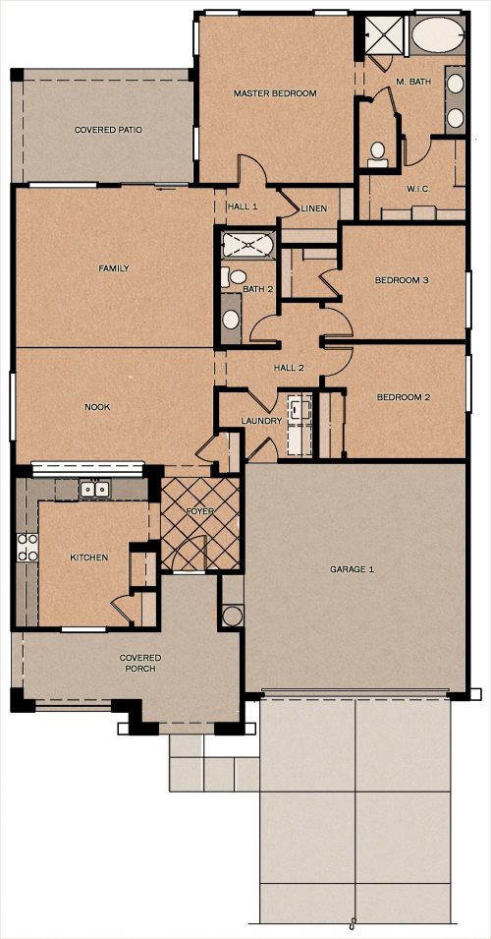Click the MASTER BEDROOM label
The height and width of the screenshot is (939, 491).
pyautogui.click(x=275, y=93)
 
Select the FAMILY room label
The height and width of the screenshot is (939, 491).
pyautogui.click(x=114, y=268)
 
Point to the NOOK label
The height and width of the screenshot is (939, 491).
pyautogui.click(x=96, y=406)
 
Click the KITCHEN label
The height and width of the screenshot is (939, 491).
pyautogui.click(x=88, y=558)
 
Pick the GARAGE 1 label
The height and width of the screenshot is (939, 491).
pyautogui.click(x=352, y=569)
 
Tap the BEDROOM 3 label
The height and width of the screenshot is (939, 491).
pyautogui.click(x=402, y=280)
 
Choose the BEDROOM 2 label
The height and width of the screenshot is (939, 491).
pyautogui.click(x=404, y=398)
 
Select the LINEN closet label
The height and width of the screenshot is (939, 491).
pyautogui.click(x=314, y=208)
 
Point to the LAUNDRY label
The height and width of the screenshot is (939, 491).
pyautogui.click(x=261, y=421)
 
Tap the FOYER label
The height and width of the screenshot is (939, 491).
pyautogui.click(x=200, y=512)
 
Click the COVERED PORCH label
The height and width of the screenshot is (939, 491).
pyautogui.click(x=140, y=663)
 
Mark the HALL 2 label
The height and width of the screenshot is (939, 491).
pyautogui.click(x=288, y=368)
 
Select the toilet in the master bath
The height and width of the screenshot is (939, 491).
pyautogui.click(x=376, y=152)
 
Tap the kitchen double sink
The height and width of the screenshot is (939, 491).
pyautogui.click(x=94, y=489)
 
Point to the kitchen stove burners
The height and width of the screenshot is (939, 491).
pyautogui.click(x=27, y=547)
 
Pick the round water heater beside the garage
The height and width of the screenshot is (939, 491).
pyautogui.click(x=233, y=616)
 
